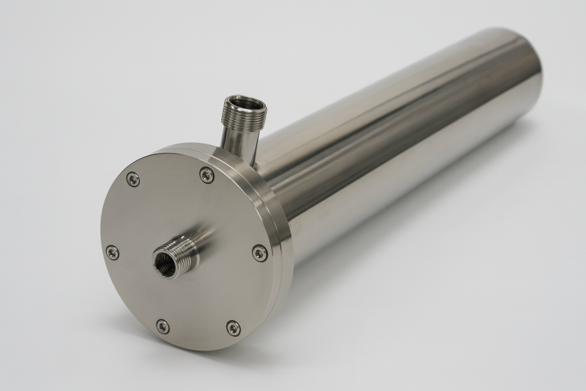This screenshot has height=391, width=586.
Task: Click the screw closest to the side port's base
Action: (x=207, y=175)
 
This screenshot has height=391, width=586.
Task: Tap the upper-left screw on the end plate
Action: (x=133, y=179)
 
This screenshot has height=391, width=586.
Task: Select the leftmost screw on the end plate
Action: (x=112, y=252)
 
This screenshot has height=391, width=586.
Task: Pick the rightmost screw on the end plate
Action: (x=259, y=253)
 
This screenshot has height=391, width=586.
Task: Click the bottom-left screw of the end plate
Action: (x=163, y=326)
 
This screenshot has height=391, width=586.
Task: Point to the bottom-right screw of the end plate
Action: (x=233, y=328)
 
